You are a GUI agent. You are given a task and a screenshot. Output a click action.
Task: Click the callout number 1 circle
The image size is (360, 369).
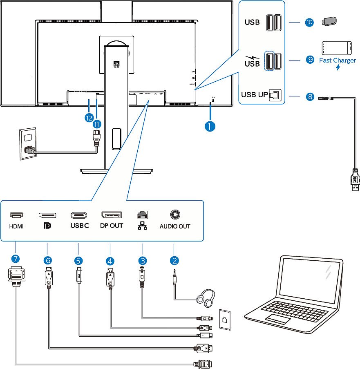210,126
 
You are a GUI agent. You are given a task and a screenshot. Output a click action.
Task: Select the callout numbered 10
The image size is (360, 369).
309,22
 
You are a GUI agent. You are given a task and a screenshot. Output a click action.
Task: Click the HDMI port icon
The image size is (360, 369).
17,215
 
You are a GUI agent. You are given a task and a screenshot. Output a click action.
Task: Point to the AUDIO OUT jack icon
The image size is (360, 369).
175,215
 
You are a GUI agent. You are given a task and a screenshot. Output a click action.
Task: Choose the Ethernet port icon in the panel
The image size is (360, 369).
143,215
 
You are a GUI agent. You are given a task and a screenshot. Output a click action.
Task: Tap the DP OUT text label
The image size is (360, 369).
111,226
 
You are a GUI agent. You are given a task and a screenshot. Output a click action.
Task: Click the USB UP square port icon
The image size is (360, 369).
275,95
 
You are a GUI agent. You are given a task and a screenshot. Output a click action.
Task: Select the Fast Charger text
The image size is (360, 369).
337,60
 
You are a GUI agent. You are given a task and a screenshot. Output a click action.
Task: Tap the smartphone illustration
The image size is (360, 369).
337,48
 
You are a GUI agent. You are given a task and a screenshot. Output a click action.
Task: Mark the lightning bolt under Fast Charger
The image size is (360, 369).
338,67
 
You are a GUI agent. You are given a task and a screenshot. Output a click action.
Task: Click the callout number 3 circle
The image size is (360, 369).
142,260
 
